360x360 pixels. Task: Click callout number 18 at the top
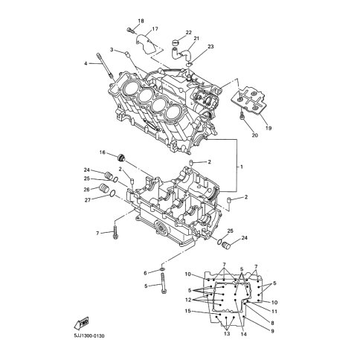(141, 21)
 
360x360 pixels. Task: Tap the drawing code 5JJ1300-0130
(89, 336)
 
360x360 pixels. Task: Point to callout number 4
(86, 64)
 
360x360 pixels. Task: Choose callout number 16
(103, 152)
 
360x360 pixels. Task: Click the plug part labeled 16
(121, 158)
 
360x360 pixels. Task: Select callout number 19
(269, 128)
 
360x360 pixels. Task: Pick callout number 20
(255, 135)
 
